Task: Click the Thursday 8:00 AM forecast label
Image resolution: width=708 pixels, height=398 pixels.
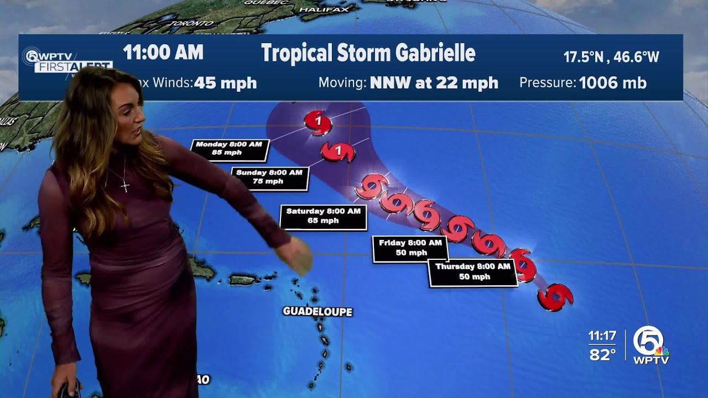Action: pos(473,271)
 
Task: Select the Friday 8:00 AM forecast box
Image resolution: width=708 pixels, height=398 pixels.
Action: pos(410,248)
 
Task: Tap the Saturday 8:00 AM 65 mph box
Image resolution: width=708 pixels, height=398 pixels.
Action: pos(323,216)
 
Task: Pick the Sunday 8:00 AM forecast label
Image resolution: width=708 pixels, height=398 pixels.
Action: pos(269,177)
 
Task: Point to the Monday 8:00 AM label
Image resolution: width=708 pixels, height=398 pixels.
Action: pos(229,149)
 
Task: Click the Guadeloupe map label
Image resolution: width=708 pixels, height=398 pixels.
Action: pos(317,312)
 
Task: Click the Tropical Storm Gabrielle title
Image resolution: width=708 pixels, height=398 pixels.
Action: pos(368,53)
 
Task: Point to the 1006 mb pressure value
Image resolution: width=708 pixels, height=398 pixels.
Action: pos(612,83)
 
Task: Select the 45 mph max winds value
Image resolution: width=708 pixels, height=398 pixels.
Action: pos(225,83)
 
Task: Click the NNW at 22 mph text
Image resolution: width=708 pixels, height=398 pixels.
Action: pos(434,83)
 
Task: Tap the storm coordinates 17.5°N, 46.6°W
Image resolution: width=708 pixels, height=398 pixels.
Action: pos(611,57)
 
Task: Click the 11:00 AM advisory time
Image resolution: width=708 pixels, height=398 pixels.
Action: pos(163,53)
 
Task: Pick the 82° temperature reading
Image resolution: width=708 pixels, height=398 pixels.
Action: pos(602,355)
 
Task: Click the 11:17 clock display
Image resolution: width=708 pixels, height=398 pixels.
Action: pos(602,336)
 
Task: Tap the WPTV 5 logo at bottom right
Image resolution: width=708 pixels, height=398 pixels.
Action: pos(651,345)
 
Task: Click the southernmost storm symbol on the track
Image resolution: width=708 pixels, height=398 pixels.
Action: pos(555,297)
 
